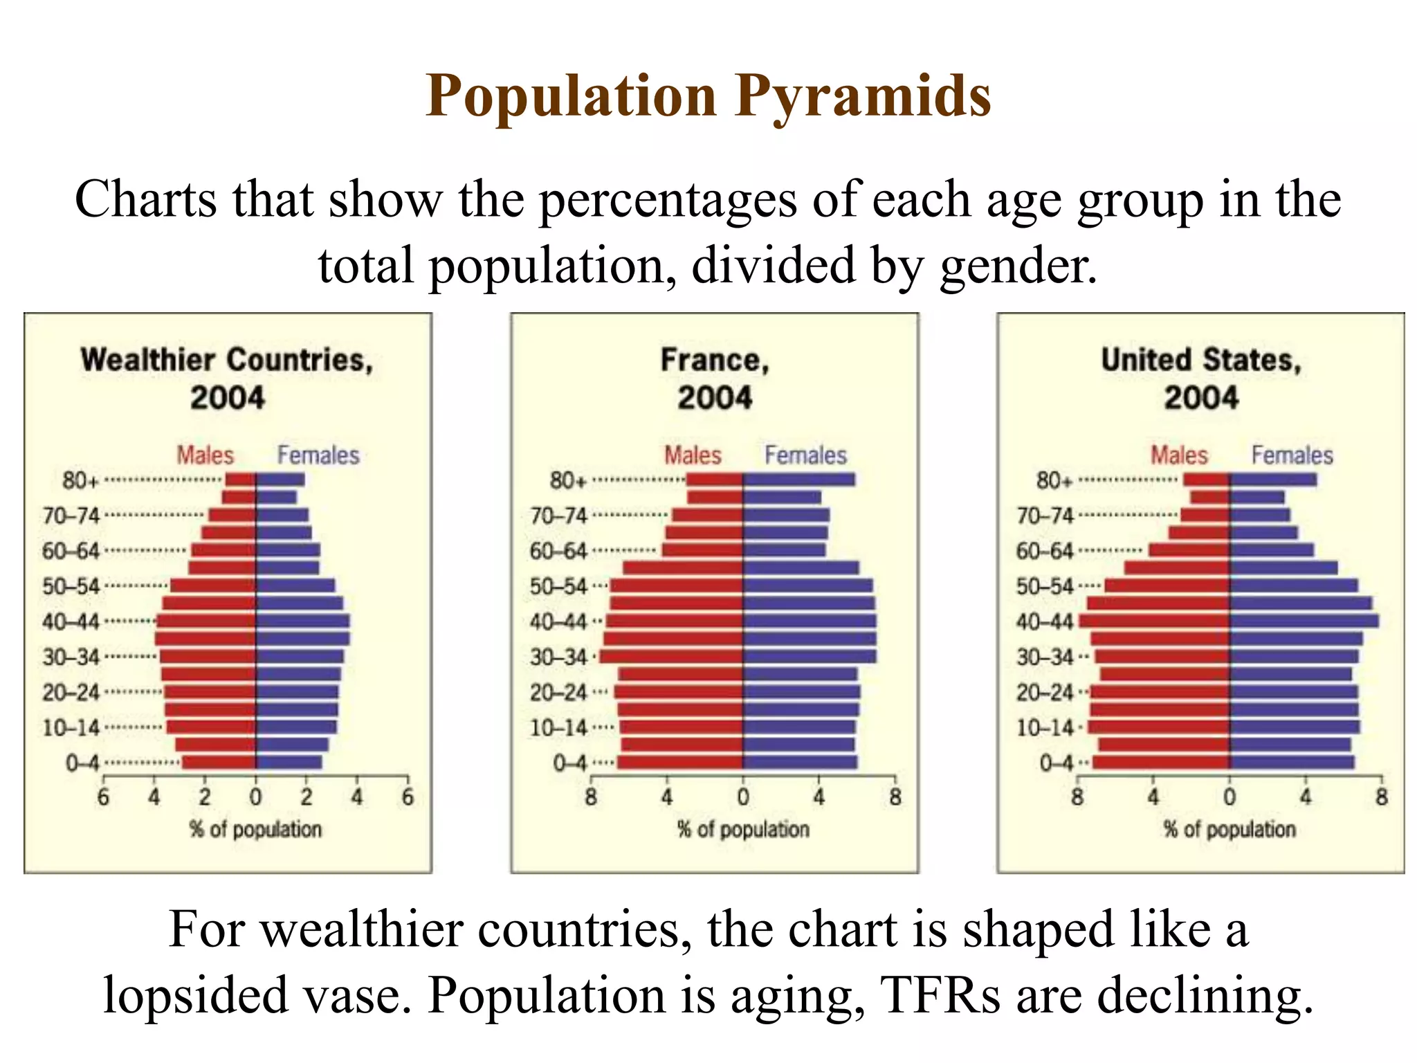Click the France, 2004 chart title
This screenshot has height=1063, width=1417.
pyautogui.click(x=715, y=379)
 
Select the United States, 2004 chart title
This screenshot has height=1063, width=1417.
pyautogui.click(x=1201, y=379)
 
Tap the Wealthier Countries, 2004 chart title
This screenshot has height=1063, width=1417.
pyautogui.click(x=227, y=379)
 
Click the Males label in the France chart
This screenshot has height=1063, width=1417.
pyautogui.click(x=693, y=455)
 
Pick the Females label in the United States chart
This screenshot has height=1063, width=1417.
pyautogui.click(x=1292, y=455)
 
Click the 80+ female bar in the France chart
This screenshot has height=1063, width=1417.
pyautogui.click(x=798, y=480)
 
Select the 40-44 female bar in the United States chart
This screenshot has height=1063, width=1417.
pyautogui.click(x=1304, y=621)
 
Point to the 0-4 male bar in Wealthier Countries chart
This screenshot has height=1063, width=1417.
pyautogui.click(x=219, y=763)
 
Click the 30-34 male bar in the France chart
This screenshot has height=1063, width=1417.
pyautogui.click(x=671, y=657)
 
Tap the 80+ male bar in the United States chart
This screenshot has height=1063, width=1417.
pyautogui.click(x=1207, y=480)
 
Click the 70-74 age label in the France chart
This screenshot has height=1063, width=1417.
pyautogui.click(x=558, y=516)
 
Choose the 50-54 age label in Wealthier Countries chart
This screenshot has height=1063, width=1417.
pyautogui.click(x=71, y=587)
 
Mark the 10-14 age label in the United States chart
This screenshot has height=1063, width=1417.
pyautogui.click(x=1045, y=728)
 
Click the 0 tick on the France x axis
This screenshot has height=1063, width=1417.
pyautogui.click(x=743, y=798)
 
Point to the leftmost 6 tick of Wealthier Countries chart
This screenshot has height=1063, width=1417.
pyautogui.click(x=103, y=798)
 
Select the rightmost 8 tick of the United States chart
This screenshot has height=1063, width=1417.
pyautogui.click(x=1381, y=798)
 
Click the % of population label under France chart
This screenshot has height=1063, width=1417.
pyautogui.click(x=743, y=829)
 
